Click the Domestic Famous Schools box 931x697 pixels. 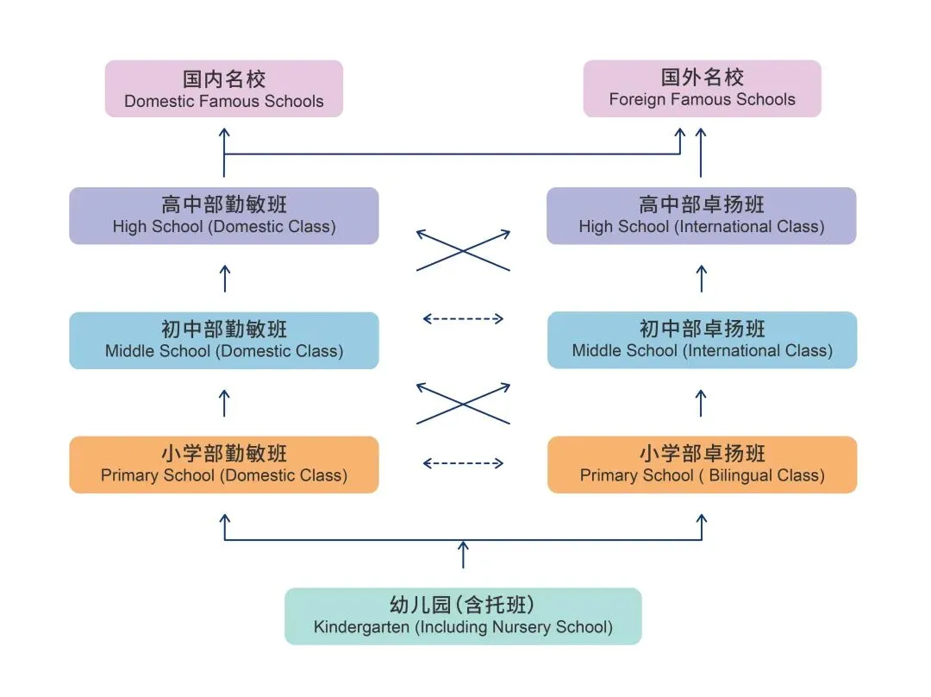click(224, 89)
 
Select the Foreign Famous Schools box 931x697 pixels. click(702, 89)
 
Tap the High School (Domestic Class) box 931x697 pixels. click(224, 216)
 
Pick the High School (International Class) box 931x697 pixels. click(702, 216)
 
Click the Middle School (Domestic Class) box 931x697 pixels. click(224, 340)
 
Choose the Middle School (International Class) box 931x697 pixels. click(702, 340)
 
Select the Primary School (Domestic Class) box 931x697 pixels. click(224, 465)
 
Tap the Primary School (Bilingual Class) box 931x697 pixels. click(702, 465)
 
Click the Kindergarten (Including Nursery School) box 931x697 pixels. click(463, 616)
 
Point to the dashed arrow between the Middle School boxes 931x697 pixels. click(463, 319)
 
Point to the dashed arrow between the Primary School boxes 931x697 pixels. click(463, 463)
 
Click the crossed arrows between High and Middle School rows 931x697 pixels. click(463, 250)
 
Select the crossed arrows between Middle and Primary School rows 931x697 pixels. click(463, 403)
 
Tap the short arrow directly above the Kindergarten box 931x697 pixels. click(463, 555)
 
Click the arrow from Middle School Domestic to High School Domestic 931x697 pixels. click(225, 278)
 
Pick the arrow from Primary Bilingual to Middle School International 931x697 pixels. click(701, 403)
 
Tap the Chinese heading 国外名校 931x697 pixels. click(702, 78)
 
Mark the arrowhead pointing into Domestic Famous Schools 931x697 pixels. click(224, 132)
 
